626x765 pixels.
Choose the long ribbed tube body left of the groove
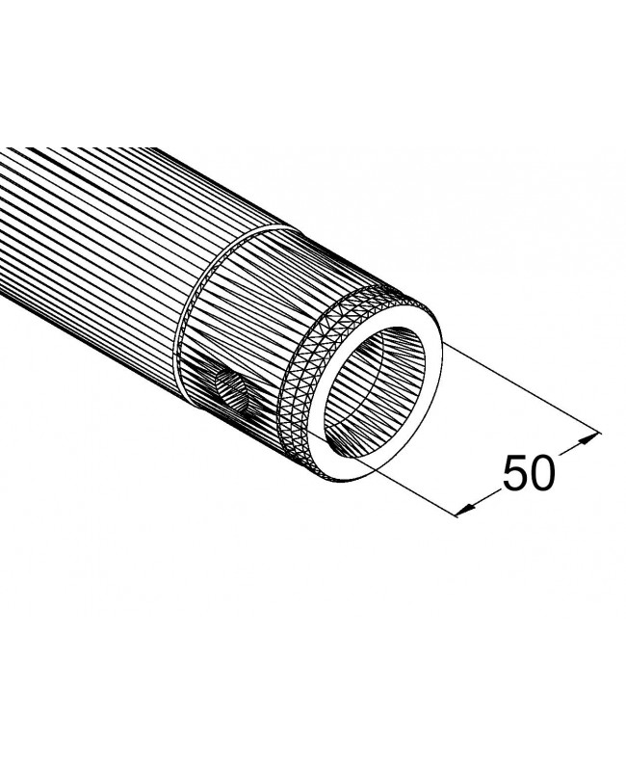87,251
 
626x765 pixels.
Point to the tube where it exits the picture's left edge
4,231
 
